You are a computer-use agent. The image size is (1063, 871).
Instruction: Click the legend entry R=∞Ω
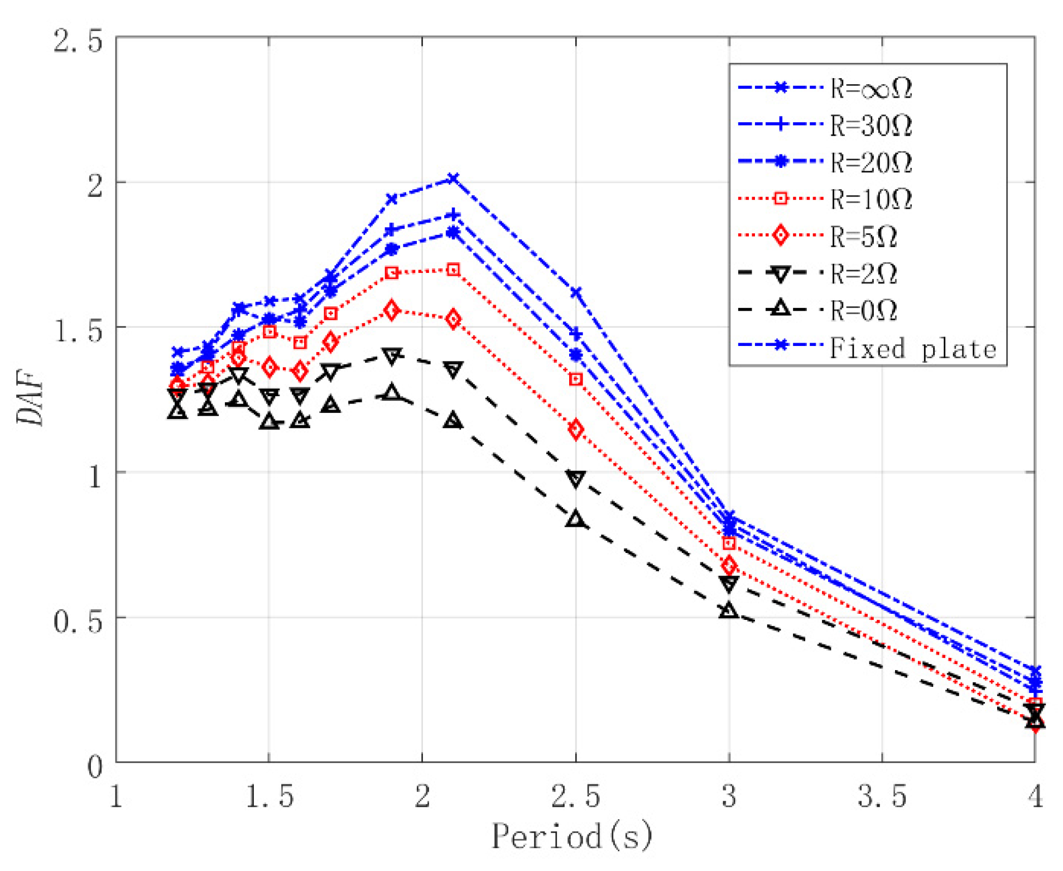(x=868, y=88)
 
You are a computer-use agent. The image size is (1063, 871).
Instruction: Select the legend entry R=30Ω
(x=868, y=125)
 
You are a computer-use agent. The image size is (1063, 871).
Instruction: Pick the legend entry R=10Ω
(x=868, y=199)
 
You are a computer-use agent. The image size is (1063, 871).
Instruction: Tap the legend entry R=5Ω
(x=862, y=236)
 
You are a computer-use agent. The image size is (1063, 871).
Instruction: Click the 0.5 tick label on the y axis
(x=78, y=620)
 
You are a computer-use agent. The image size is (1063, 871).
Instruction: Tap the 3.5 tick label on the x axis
(x=881, y=796)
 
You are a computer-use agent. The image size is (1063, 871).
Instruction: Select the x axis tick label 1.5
(x=269, y=796)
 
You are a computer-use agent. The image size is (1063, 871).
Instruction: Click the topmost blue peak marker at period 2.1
(x=453, y=179)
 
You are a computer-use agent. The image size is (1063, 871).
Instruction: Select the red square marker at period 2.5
(x=575, y=379)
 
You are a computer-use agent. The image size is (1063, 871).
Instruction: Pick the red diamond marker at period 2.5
(x=575, y=429)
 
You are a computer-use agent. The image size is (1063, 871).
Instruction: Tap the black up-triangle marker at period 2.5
(x=575, y=519)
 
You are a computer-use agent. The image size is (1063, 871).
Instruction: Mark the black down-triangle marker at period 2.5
(x=575, y=478)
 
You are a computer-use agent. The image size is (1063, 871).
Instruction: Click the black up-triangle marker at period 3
(x=728, y=610)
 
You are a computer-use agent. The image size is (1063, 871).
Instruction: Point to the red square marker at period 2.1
(x=453, y=270)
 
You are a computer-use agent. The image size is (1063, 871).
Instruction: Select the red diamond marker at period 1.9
(x=392, y=310)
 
